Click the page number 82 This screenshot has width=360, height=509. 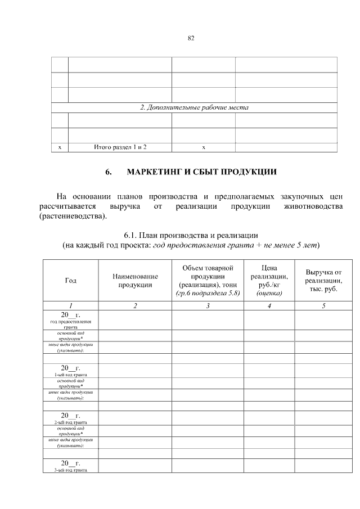tap(191, 38)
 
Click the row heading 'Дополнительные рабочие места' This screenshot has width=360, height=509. tap(194, 107)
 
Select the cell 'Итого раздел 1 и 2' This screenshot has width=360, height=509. tap(120, 147)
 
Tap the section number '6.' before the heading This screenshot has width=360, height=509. tap(110, 172)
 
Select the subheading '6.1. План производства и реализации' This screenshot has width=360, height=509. tap(191, 235)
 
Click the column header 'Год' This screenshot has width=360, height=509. tap(71, 281)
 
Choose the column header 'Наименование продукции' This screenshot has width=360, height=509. tap(135, 281)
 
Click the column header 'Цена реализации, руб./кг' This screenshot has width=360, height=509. tap(269, 280)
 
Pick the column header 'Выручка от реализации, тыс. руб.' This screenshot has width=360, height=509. tap(323, 280)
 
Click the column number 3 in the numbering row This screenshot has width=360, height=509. tap(208, 305)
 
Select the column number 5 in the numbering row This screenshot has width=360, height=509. tap(323, 305)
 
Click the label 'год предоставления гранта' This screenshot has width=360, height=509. tap(71, 324)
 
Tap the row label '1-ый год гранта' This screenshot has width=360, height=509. tap(71, 375)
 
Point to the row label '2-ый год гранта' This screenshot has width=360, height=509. tap(71, 422)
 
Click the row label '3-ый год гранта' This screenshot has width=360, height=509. tap(71, 470)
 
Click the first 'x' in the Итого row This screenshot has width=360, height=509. tap(60, 147)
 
